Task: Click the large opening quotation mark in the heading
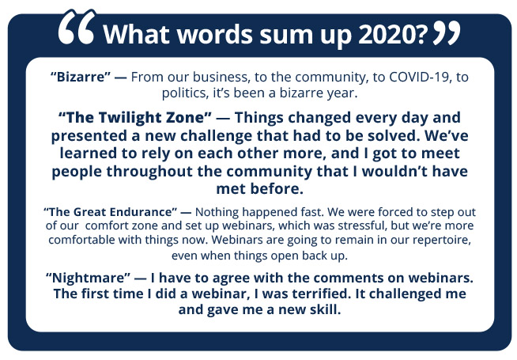pyautogui.click(x=77, y=27)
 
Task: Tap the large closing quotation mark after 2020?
pyautogui.click(x=447, y=32)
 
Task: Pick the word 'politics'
pyautogui.click(x=185, y=93)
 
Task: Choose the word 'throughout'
pyautogui.click(x=149, y=172)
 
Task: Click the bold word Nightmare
pyautogui.click(x=88, y=278)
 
